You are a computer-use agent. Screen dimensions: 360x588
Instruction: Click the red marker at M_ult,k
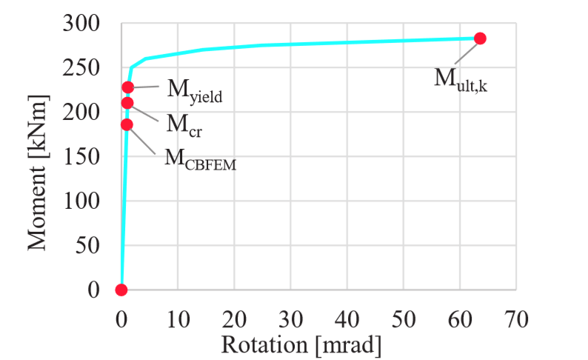(x=480, y=39)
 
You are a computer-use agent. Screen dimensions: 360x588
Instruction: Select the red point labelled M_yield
(x=128, y=87)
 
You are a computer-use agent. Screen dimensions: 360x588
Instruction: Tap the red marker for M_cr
(x=127, y=103)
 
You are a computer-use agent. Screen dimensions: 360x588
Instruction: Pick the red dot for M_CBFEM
(x=127, y=124)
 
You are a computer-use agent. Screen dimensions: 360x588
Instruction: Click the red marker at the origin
(x=121, y=290)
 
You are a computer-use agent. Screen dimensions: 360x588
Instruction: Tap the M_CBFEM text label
(x=199, y=159)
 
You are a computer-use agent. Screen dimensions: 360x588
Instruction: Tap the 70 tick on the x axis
(x=516, y=319)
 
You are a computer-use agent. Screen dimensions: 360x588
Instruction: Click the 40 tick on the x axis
(x=347, y=319)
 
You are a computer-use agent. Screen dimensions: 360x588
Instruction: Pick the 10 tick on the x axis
(x=178, y=319)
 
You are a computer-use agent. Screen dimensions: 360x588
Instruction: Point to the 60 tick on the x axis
(x=460, y=319)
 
